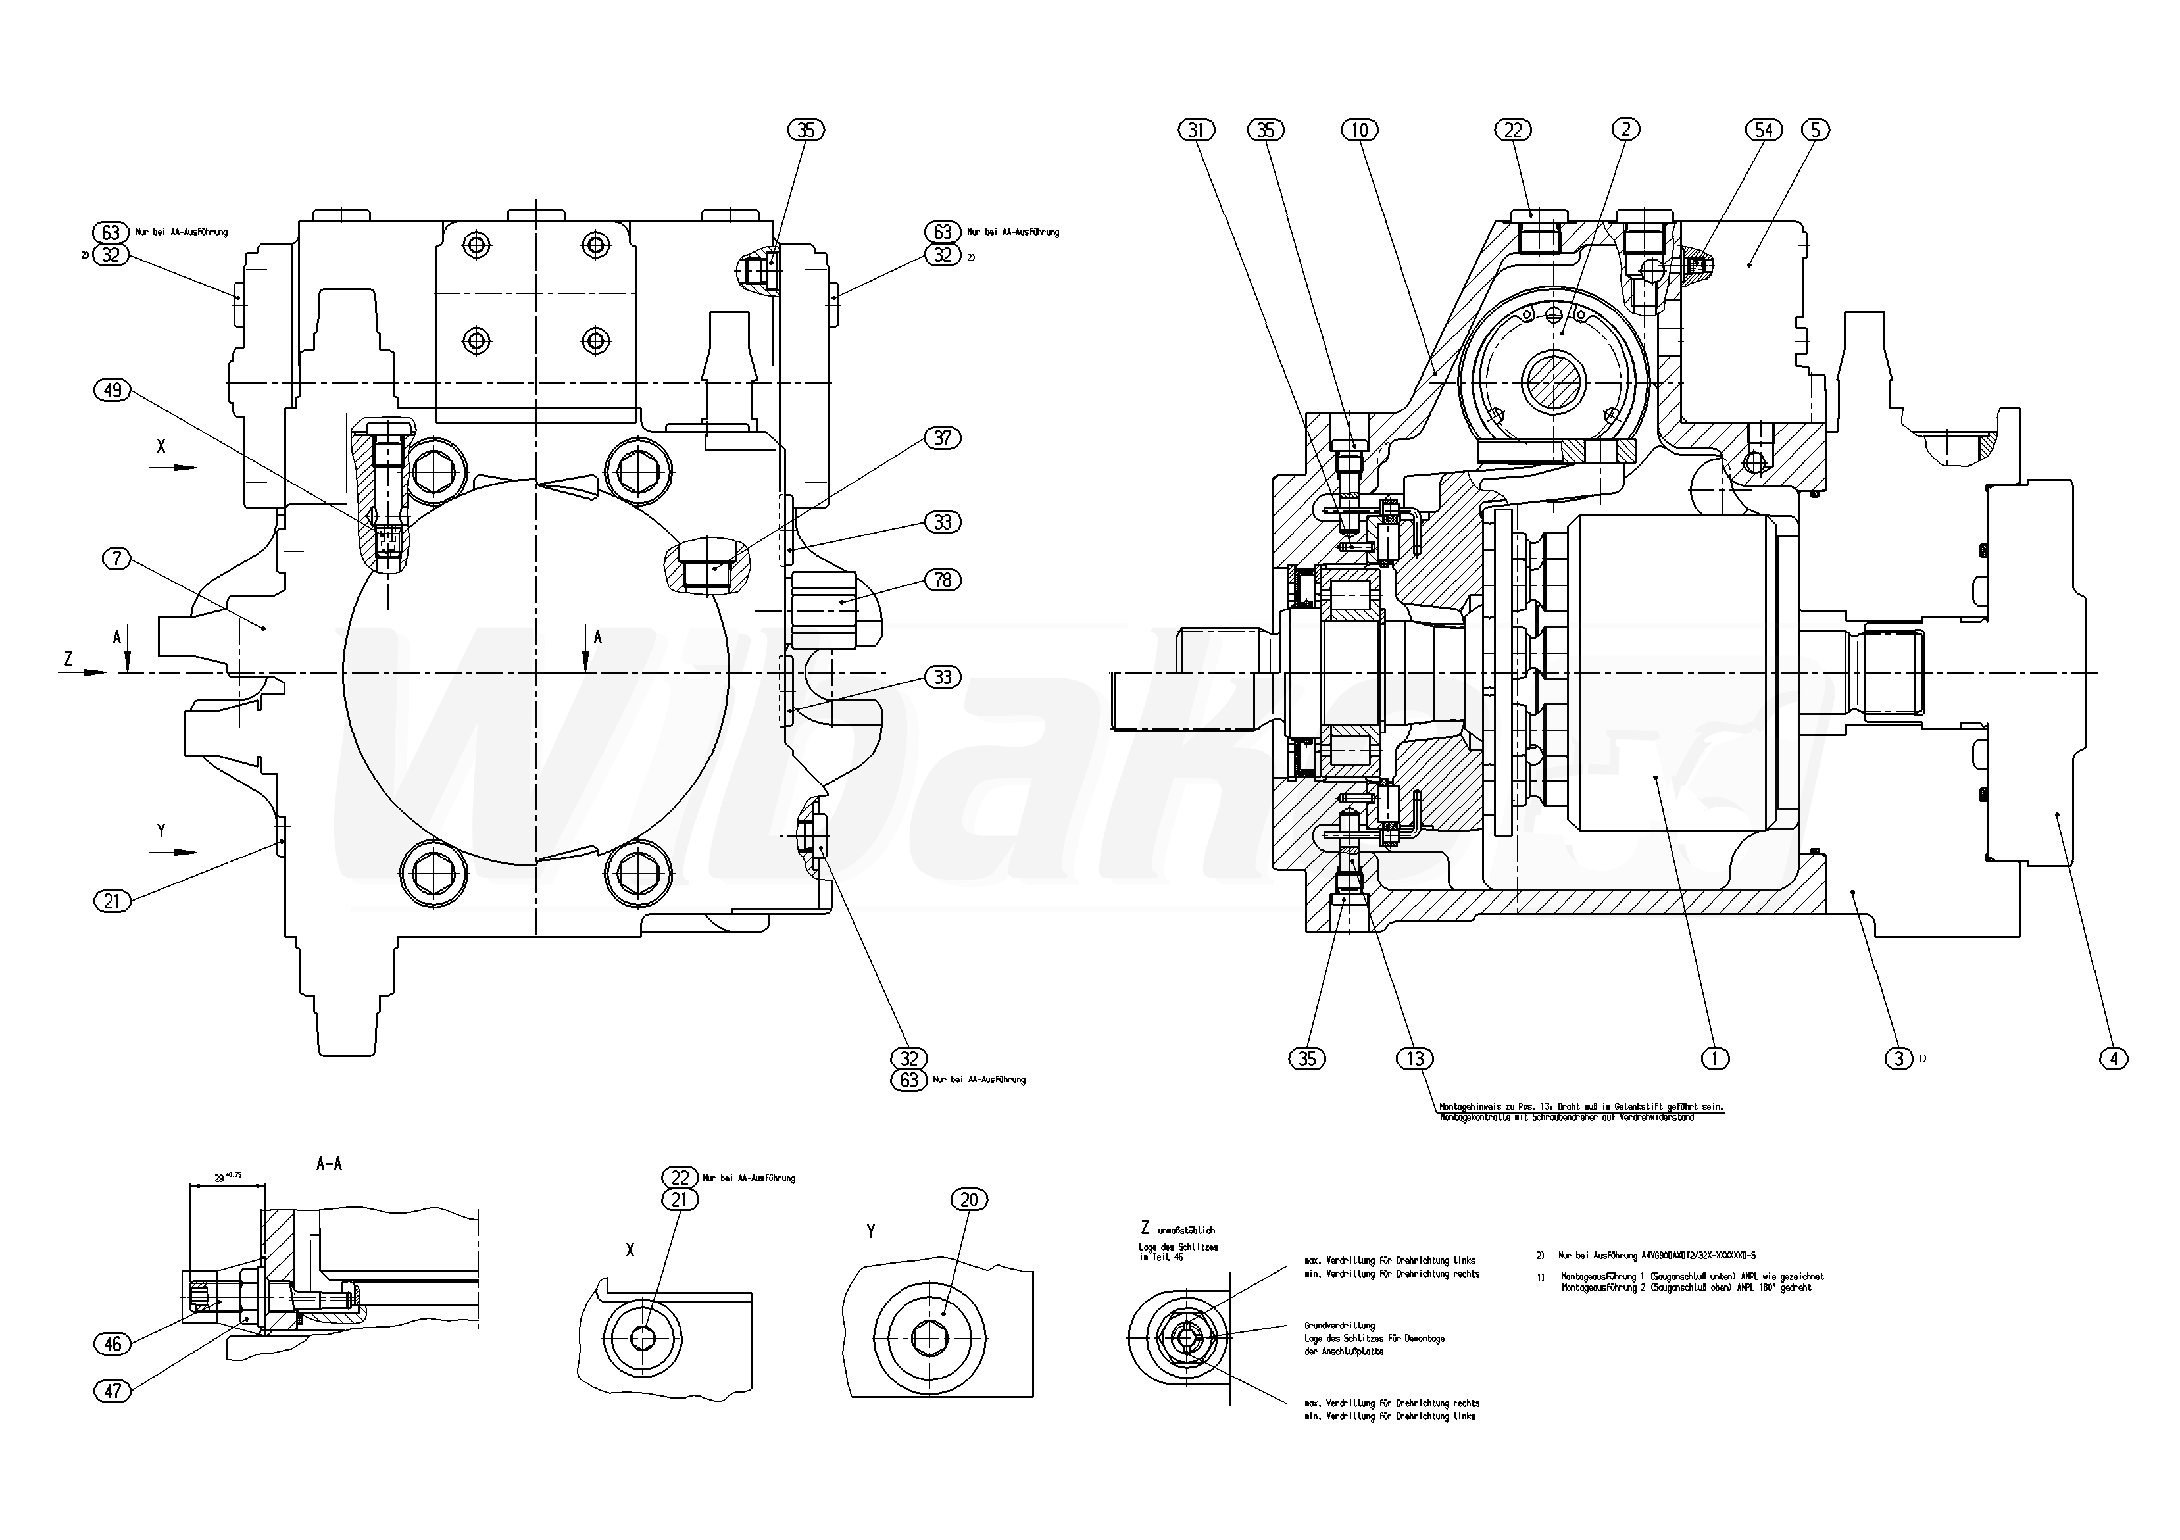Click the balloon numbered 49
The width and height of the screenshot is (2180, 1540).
pyautogui.click(x=113, y=390)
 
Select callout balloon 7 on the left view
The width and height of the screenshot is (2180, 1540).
pyautogui.click(x=117, y=559)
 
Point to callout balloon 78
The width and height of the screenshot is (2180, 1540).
pyautogui.click(x=942, y=580)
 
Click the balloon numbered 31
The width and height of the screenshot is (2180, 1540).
pyautogui.click(x=1197, y=130)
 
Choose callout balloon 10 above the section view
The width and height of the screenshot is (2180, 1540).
pyautogui.click(x=1360, y=130)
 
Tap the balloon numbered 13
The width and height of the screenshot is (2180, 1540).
pyautogui.click(x=1415, y=1058)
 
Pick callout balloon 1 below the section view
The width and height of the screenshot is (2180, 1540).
pyautogui.click(x=1716, y=1058)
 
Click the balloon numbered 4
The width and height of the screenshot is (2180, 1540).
pyautogui.click(x=2114, y=1058)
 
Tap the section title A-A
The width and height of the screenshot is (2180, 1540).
pyautogui.click(x=328, y=1164)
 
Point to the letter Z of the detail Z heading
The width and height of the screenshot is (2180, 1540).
pyautogui.click(x=1145, y=1228)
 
